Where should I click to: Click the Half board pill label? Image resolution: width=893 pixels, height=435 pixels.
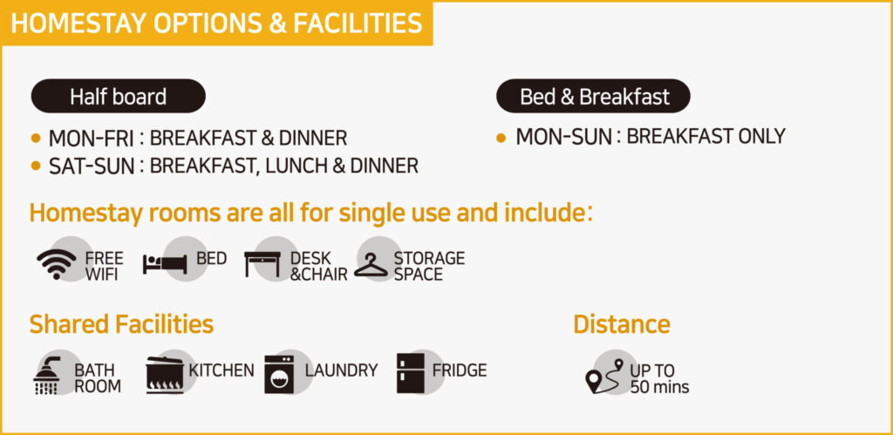118,96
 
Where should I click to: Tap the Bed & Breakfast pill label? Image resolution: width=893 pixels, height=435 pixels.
593,96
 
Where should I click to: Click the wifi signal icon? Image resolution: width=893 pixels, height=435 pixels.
57,263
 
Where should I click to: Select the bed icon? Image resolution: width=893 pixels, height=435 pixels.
165,263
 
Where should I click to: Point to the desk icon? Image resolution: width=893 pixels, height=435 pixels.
262,264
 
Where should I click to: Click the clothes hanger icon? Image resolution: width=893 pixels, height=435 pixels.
371,265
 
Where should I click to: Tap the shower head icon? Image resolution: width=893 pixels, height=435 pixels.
47,375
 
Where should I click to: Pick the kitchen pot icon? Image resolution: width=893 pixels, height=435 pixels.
165,375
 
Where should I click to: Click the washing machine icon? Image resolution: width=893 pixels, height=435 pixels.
279,374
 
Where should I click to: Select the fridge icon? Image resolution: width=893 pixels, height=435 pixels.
411,373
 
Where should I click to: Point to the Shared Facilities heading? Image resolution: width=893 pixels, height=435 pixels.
121,324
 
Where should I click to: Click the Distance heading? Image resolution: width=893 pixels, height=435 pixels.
621,324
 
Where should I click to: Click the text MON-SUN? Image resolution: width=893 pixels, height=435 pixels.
563,137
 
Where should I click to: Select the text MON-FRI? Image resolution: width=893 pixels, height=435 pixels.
91,139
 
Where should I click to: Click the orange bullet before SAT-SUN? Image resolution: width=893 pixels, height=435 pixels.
37,166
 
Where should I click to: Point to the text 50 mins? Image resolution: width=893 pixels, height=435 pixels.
659,388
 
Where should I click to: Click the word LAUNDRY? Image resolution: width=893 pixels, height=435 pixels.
341,370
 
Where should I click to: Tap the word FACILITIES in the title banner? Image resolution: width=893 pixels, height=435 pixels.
358,24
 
